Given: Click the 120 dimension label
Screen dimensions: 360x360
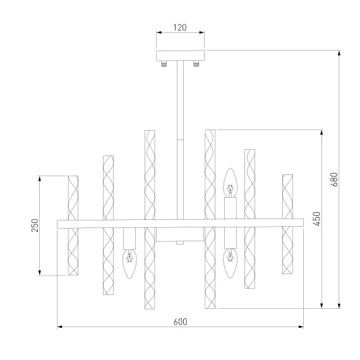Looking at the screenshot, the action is (x=180, y=28).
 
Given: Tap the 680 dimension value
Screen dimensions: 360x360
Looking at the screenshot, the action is (x=335, y=179).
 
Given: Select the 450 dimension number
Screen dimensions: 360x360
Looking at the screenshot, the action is (x=316, y=219).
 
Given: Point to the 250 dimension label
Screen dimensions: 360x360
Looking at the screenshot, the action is (x=35, y=225).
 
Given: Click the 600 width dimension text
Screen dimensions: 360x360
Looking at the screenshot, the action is (x=181, y=321).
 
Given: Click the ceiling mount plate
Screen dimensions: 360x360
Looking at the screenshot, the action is (x=180, y=56).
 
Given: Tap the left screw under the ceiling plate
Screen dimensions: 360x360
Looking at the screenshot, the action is (x=164, y=63).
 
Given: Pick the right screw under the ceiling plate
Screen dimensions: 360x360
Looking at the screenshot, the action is (x=196, y=63).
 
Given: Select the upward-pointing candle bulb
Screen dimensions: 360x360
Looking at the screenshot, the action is (x=230, y=183).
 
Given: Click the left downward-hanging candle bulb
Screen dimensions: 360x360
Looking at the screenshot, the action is (x=129, y=264).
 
